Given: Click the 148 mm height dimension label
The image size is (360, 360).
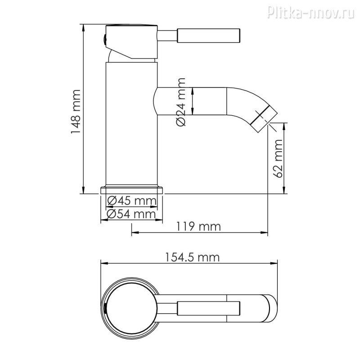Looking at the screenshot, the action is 76,112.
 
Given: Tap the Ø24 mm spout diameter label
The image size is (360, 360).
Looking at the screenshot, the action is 181,102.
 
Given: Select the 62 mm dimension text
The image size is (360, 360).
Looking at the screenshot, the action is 278,158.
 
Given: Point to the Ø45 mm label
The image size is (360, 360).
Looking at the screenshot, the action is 132,201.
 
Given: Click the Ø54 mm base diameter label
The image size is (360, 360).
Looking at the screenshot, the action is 131,214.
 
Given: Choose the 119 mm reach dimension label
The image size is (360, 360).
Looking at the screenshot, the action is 198,226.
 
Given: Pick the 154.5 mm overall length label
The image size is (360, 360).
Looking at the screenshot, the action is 193,257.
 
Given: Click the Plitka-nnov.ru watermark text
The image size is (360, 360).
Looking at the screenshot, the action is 311,12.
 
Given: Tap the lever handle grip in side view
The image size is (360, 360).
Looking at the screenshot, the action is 208,36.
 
